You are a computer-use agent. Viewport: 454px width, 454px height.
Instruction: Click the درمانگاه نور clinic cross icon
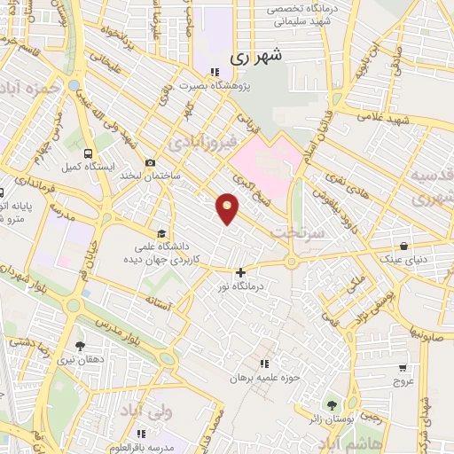click(240, 272)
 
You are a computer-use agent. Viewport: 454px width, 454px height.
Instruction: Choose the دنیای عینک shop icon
click(404, 246)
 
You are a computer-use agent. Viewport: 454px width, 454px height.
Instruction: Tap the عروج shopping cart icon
click(403, 367)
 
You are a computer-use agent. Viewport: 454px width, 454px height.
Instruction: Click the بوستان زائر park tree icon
click(334, 404)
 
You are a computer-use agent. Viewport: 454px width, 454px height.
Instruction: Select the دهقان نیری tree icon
click(80, 346)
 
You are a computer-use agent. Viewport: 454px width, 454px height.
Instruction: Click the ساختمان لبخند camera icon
click(150, 162)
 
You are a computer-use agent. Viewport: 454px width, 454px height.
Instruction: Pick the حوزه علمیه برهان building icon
click(263, 364)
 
